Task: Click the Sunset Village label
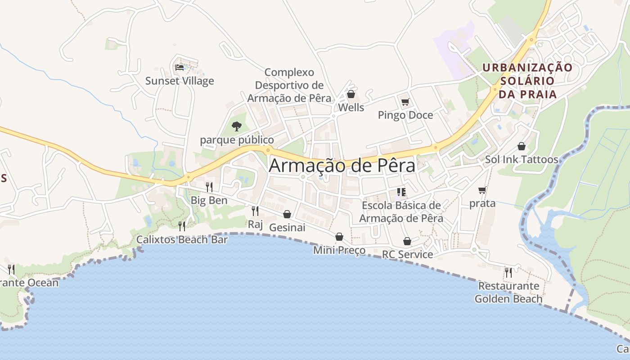pyautogui.click(x=180, y=81)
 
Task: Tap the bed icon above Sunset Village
pyautogui.click(x=180, y=67)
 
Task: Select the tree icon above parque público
pyautogui.click(x=237, y=126)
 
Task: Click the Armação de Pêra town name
pyautogui.click(x=342, y=166)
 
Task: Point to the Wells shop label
pyautogui.click(x=351, y=108)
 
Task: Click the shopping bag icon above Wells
pyautogui.click(x=351, y=94)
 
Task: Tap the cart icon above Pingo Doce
pyautogui.click(x=405, y=102)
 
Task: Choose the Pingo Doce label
pyautogui.click(x=405, y=115)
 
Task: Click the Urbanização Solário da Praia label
pyautogui.click(x=527, y=81)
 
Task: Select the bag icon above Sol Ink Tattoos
pyautogui.click(x=522, y=146)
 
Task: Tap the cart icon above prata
pyautogui.click(x=482, y=190)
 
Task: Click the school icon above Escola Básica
pyautogui.click(x=401, y=193)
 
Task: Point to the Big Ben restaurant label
pyautogui.click(x=209, y=200)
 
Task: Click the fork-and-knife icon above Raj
pyautogui.click(x=255, y=211)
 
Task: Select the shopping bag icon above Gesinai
pyautogui.click(x=287, y=214)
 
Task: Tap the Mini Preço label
pyautogui.click(x=339, y=250)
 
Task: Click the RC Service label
pyautogui.click(x=407, y=255)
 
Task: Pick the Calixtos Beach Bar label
pyautogui.click(x=182, y=239)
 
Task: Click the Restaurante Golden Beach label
pyautogui.click(x=508, y=292)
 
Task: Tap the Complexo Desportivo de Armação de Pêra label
pyautogui.click(x=289, y=85)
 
